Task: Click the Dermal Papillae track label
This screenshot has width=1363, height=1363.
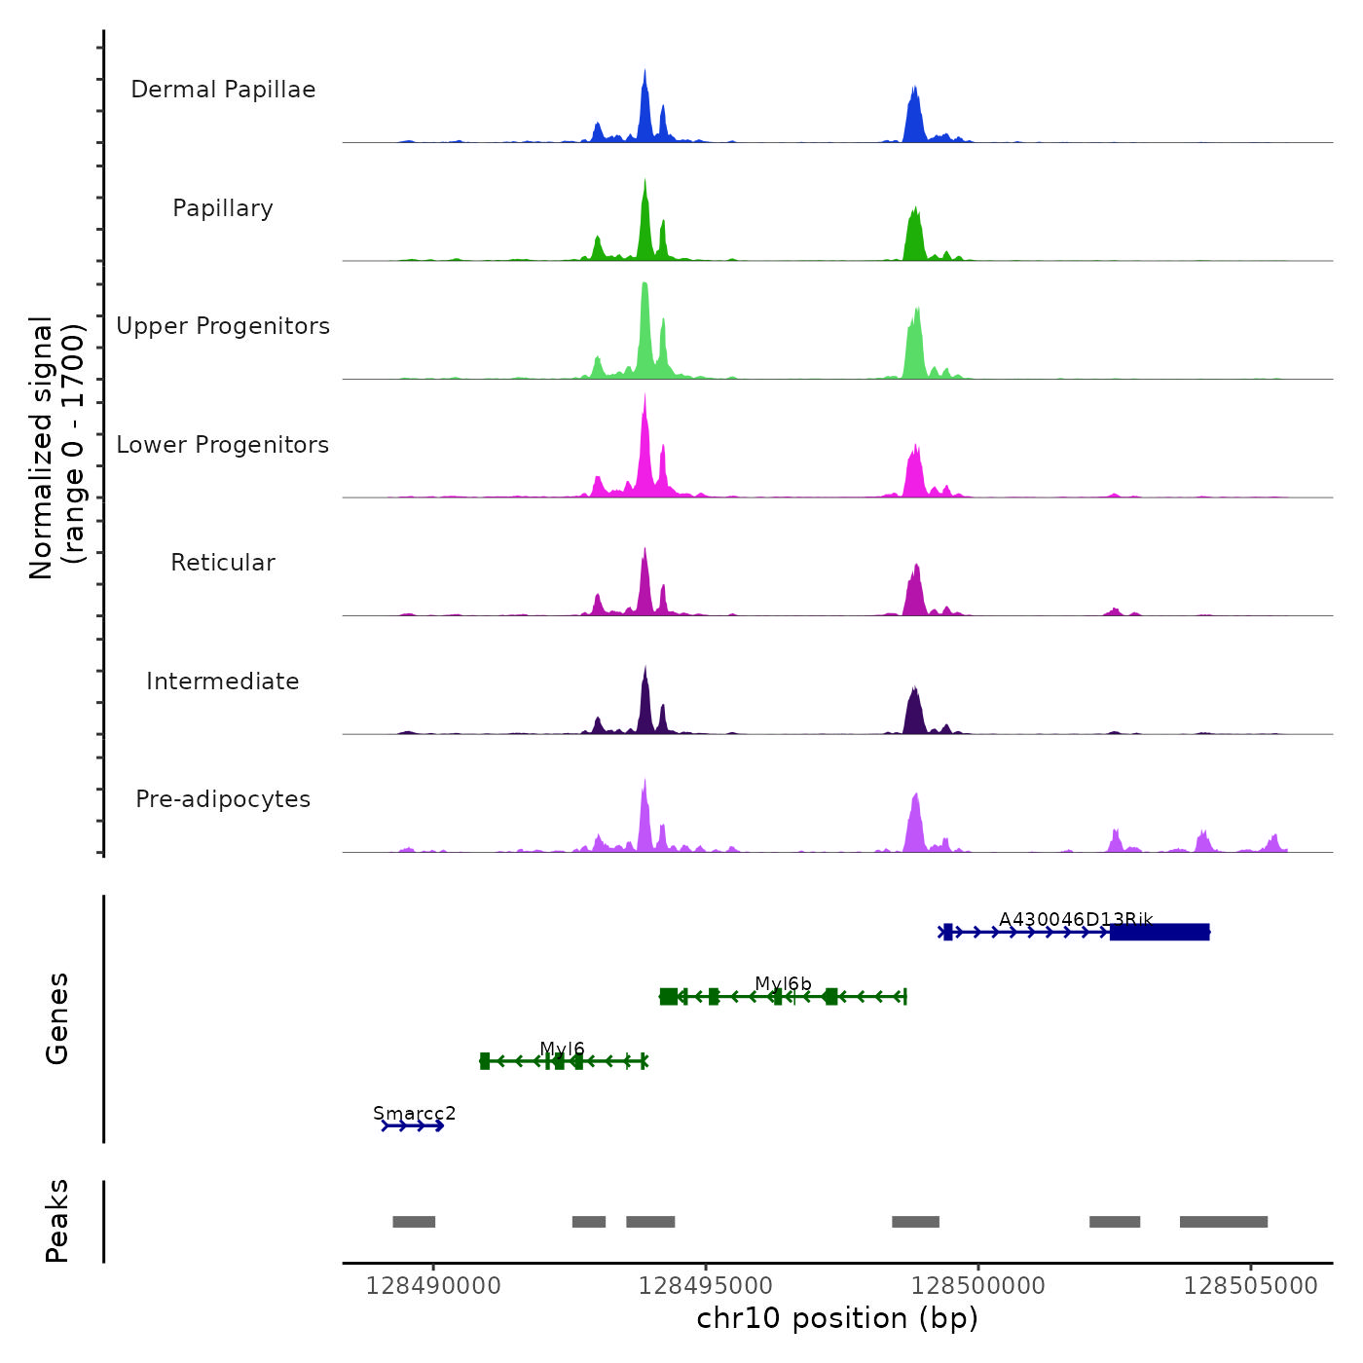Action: tap(223, 90)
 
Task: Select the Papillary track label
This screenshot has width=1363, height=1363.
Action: tap(223, 208)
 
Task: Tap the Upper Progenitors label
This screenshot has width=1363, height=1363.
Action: tap(223, 326)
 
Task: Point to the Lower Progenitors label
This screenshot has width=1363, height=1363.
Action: tap(223, 445)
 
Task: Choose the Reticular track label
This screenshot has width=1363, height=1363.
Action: tap(223, 563)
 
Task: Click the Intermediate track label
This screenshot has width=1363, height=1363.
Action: tap(223, 681)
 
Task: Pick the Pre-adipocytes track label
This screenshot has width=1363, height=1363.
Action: tap(223, 799)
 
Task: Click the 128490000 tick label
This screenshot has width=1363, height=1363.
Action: tap(433, 1286)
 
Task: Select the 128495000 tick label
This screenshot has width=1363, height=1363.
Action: tap(706, 1286)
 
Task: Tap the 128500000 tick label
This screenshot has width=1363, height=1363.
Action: tap(978, 1286)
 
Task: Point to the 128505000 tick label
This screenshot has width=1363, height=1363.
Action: tap(1251, 1286)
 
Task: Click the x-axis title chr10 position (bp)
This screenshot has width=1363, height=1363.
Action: tap(837, 1318)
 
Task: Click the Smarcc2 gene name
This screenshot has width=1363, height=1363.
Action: tap(414, 1113)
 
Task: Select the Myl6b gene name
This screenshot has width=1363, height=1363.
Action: tap(783, 984)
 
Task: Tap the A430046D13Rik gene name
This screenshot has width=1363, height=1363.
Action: tap(1076, 919)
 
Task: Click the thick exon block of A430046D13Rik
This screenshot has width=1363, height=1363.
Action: tap(1160, 932)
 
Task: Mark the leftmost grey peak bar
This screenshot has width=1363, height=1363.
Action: tap(414, 1222)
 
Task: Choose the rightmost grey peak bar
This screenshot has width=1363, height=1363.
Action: tap(1224, 1222)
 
